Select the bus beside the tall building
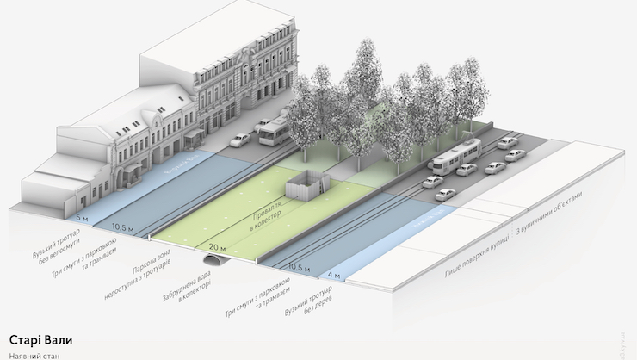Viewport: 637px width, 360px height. click(x=273, y=133)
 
